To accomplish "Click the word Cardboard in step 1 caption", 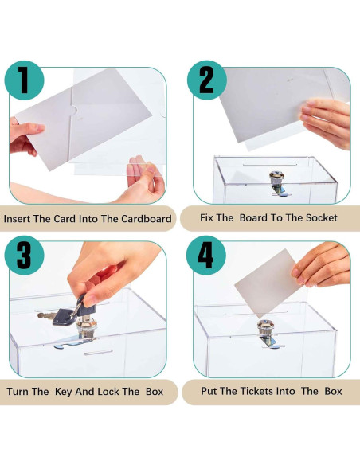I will pyautogui.click(x=143, y=218).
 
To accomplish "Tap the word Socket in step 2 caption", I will pyautogui.click(x=319, y=218).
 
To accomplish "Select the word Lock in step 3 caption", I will pyautogui.click(x=109, y=392).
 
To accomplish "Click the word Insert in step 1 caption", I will pyautogui.click(x=19, y=218).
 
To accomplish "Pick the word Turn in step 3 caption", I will pyautogui.click(x=21, y=392).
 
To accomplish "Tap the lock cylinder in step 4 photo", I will pyautogui.click(x=264, y=330).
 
